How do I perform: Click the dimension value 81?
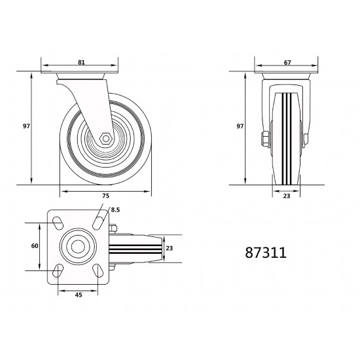coord(81,62)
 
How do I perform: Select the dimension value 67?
coord(287,62)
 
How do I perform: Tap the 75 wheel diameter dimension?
coord(105,196)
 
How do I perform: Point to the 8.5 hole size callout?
coord(115,209)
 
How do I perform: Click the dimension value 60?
coord(35,246)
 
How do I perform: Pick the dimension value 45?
coord(79,295)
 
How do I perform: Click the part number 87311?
coord(266,253)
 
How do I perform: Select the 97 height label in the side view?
coord(26,126)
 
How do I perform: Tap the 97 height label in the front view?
coord(240,126)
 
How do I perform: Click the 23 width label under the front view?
coord(287,196)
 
